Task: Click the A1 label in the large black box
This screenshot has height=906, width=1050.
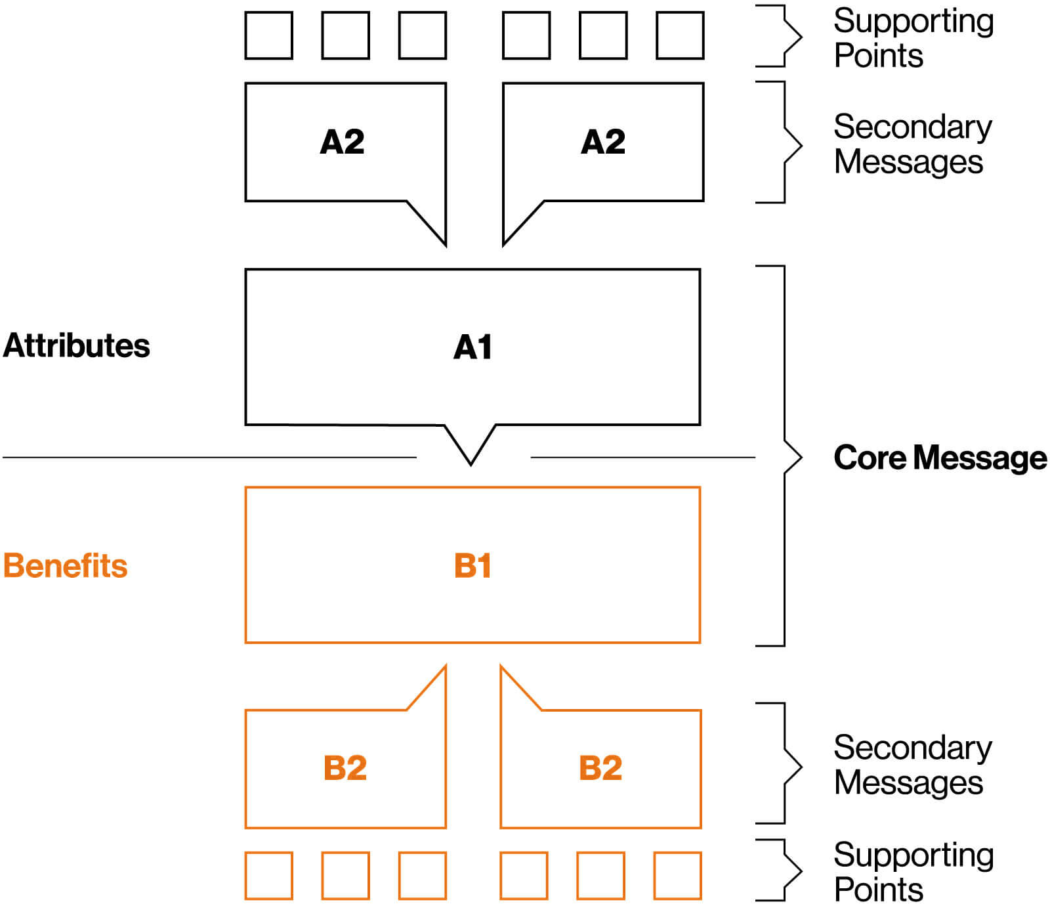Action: coord(472,347)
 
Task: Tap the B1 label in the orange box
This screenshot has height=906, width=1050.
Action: coord(472,565)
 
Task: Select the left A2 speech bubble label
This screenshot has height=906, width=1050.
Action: coord(342,141)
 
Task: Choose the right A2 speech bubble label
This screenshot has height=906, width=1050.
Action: coord(603,141)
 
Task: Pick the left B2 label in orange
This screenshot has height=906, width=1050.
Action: coord(345,767)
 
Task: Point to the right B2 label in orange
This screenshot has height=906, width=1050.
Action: coord(600,767)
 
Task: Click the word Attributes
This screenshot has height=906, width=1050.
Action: coord(77,345)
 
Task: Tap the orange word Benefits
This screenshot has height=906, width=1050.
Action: coord(65,565)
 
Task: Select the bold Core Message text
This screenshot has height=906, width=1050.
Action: coord(940,458)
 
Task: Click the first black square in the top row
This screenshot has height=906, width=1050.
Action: coord(269,35)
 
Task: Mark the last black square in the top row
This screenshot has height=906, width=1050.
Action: coord(680,35)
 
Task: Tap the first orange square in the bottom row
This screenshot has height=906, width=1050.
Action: coord(269,875)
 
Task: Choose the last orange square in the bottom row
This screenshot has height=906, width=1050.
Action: coord(677,875)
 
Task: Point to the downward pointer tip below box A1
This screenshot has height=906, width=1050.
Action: coord(471,460)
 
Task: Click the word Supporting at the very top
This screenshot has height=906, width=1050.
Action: coord(913,21)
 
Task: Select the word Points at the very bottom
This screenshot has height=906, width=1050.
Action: coord(878,890)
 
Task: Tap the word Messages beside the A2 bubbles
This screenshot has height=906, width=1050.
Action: coord(908,162)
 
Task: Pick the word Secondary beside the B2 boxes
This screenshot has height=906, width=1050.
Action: coord(912,748)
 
